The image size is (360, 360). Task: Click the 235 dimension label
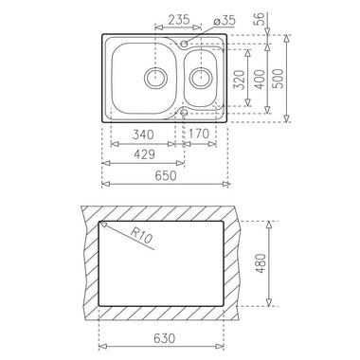click(x=179, y=20)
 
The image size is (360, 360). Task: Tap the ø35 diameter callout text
click(x=225, y=21)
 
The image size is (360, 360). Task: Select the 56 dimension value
click(x=259, y=20)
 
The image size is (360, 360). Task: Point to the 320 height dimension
click(x=241, y=80)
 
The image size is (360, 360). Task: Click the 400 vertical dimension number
click(x=260, y=79)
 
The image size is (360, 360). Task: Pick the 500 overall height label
click(x=279, y=79)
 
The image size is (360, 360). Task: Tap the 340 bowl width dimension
click(x=143, y=135)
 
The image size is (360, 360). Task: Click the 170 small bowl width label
click(x=199, y=134)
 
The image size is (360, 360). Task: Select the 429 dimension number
click(x=145, y=154)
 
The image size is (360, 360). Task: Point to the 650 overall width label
click(x=166, y=175)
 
